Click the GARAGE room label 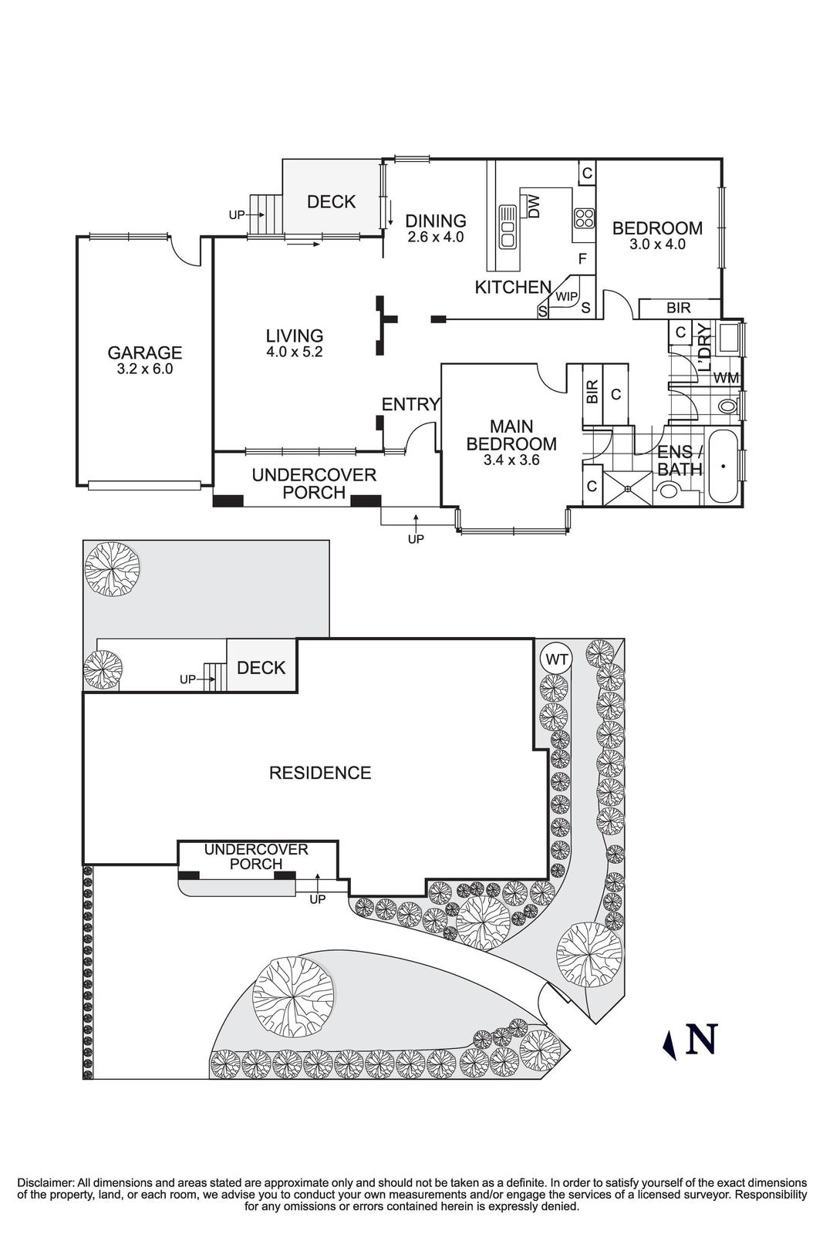point(144,352)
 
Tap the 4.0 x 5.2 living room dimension point(294,352)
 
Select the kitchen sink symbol point(507,225)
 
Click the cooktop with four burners point(584,218)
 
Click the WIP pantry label point(567,296)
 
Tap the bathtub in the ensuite point(723,467)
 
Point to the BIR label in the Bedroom point(679,308)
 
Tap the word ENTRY point(410,404)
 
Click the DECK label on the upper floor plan point(331,202)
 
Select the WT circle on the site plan point(556,659)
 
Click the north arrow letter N point(702,1039)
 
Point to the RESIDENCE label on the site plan point(319,772)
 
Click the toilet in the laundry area point(727,406)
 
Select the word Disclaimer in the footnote point(45,1182)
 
